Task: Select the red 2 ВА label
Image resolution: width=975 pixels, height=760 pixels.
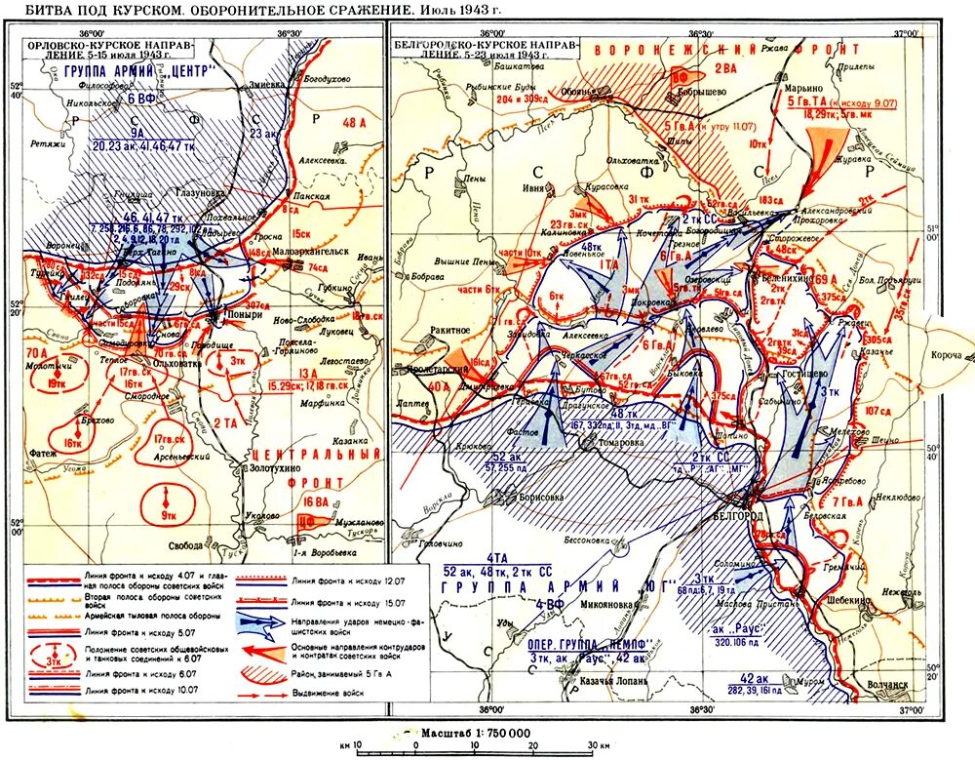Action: [724, 67]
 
